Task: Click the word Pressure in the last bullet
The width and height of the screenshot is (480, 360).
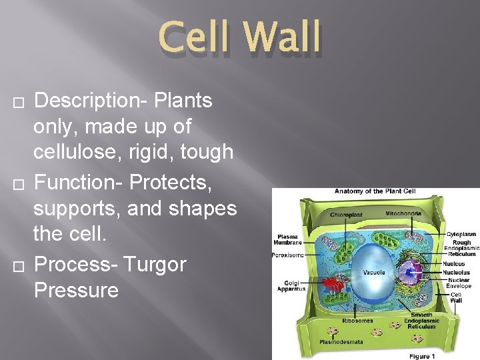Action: coord(76,290)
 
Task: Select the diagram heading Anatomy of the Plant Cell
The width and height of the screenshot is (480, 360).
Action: coord(375,191)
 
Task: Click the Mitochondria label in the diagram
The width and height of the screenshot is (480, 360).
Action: coord(403,213)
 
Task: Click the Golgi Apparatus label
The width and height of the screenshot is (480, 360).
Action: coord(291,286)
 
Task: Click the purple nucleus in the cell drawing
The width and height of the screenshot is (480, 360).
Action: coord(409,272)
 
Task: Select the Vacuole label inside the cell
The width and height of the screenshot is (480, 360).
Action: coord(373,273)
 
